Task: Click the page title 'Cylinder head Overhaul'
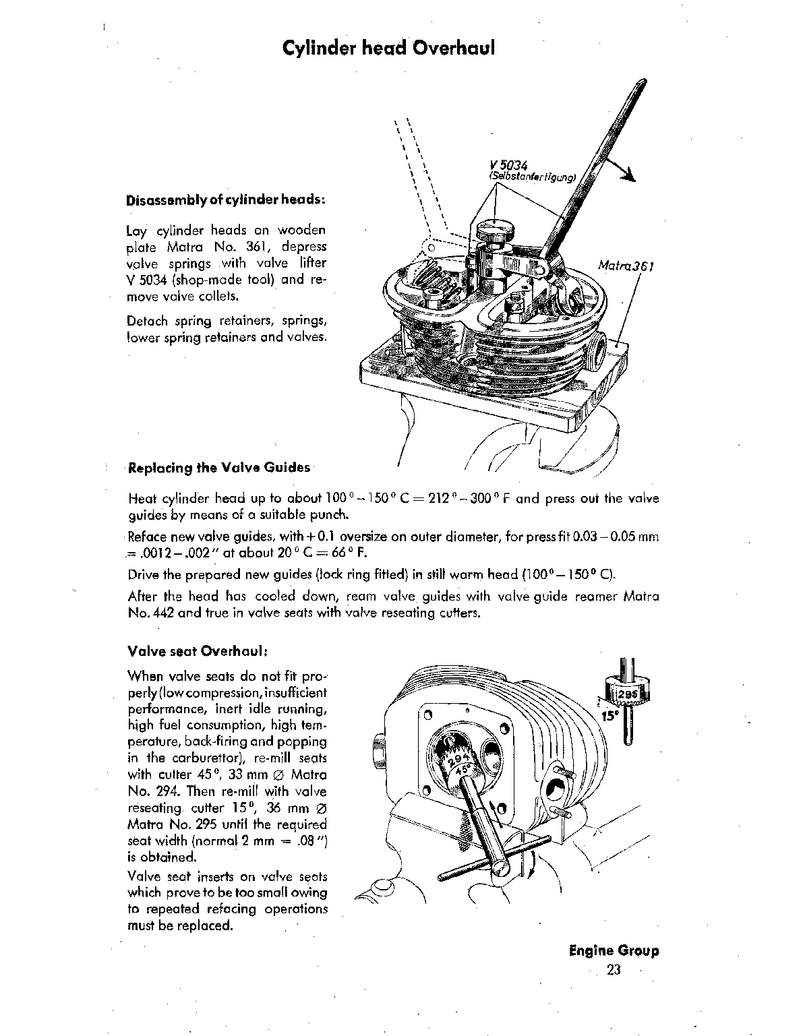pos(388,49)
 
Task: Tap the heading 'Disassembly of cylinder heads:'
pos(226,201)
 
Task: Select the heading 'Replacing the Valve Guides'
pos(219,468)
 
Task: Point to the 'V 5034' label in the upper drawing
pos(510,166)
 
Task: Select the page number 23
pos(613,970)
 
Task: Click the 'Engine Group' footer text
pos(614,951)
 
